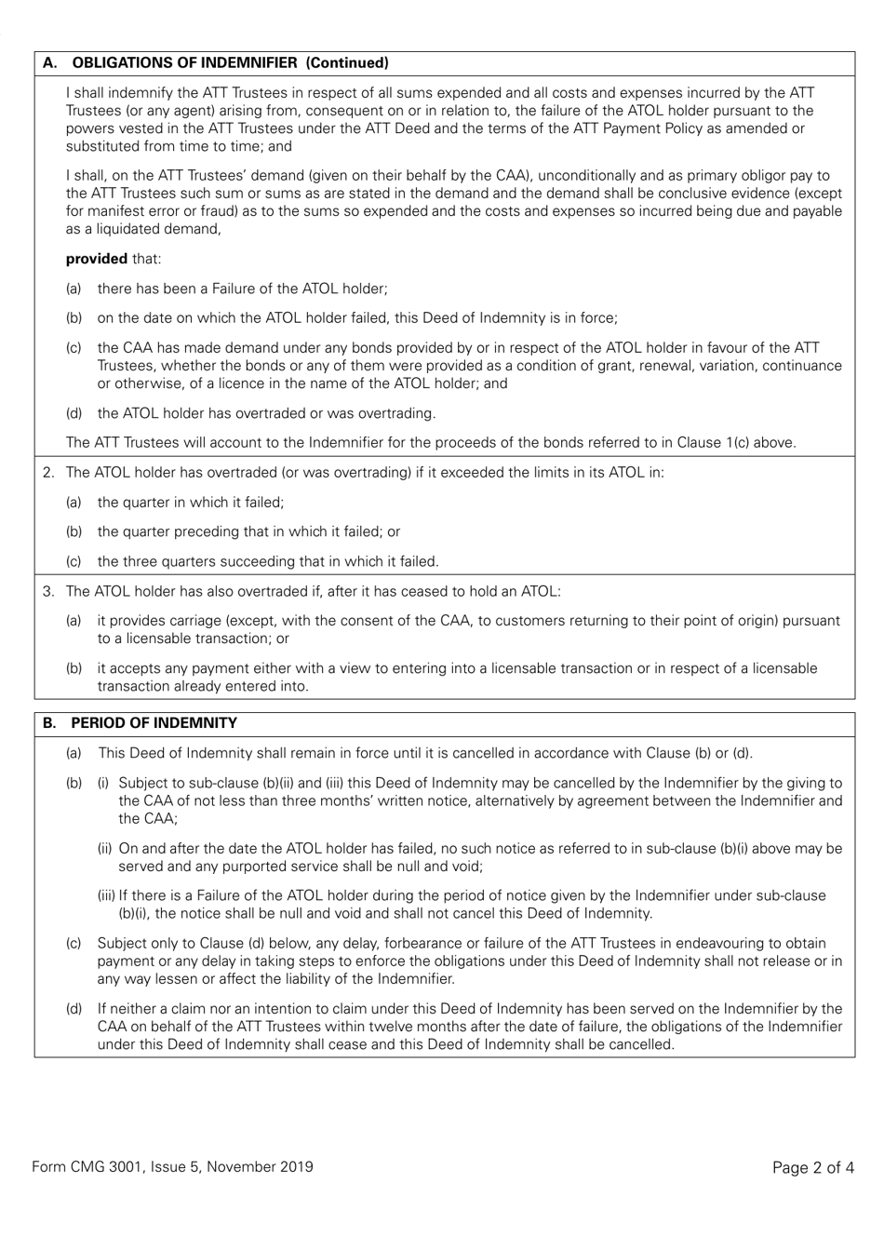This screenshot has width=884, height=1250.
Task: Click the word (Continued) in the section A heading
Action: [x=347, y=63]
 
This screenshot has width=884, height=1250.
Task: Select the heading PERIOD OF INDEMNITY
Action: [x=154, y=723]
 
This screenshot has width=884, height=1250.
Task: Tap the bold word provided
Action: [x=96, y=259]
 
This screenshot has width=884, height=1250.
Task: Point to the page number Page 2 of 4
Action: [x=812, y=1167]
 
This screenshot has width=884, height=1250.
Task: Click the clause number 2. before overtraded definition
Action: [x=49, y=473]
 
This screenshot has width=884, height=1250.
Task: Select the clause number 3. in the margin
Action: [x=49, y=591]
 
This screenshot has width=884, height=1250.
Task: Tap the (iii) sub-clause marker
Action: [x=107, y=895]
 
